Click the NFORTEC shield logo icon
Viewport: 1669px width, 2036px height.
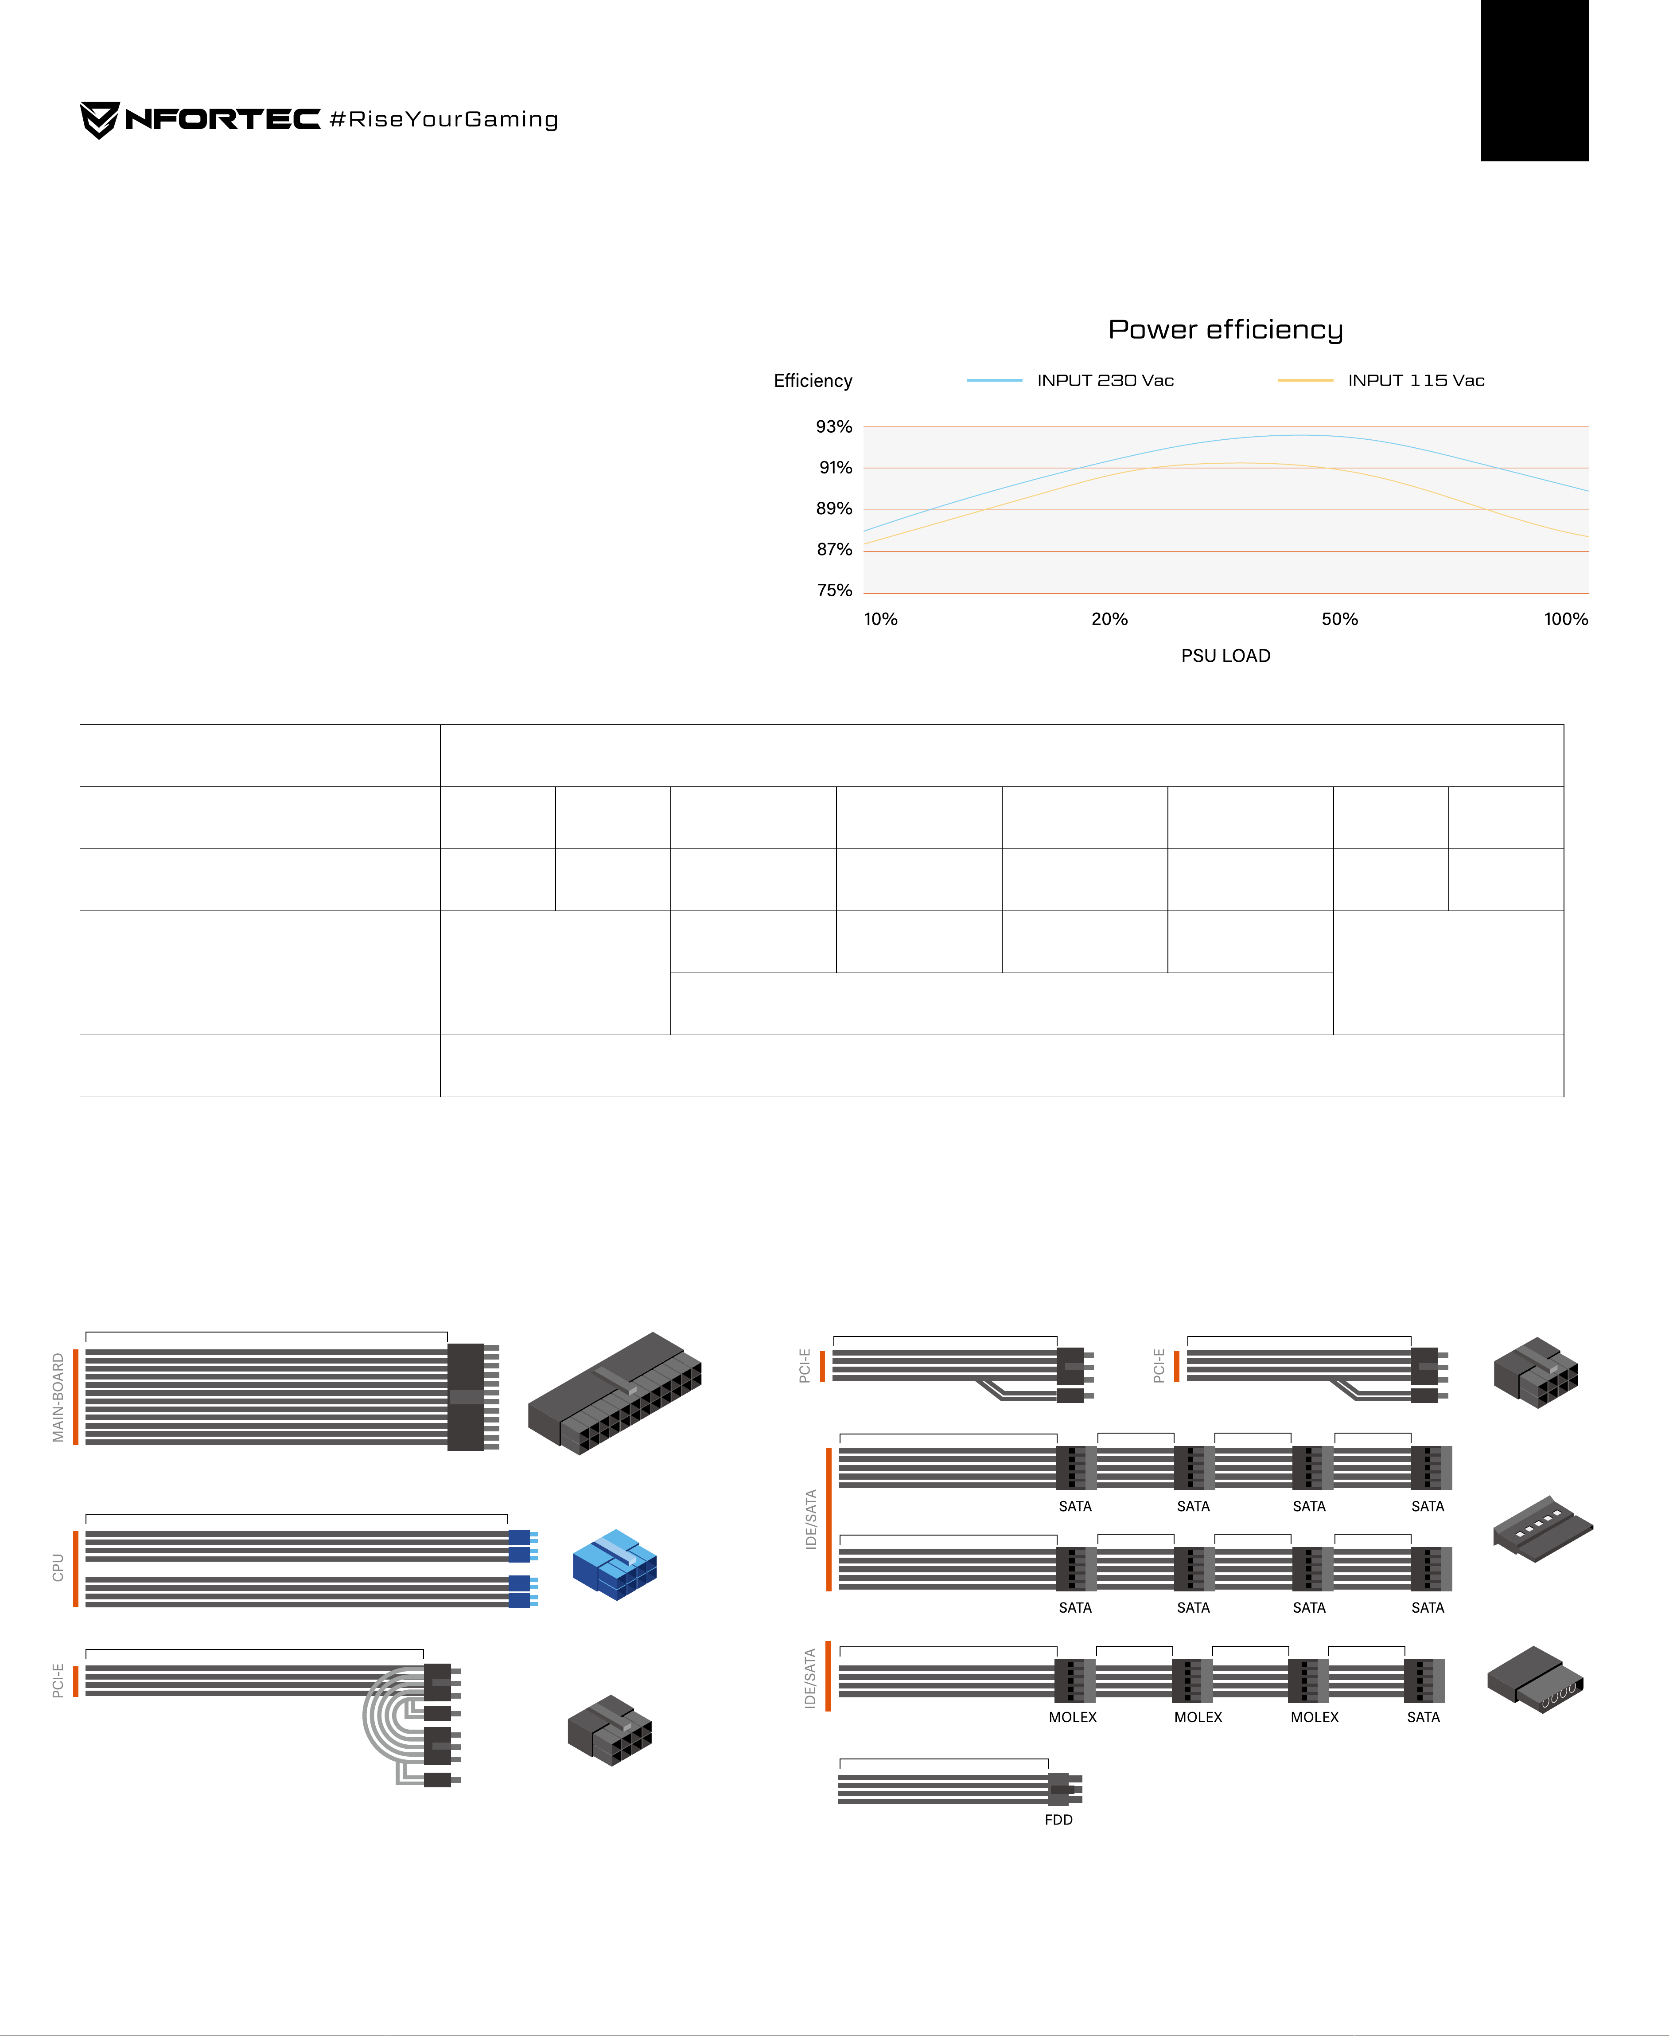click(x=100, y=120)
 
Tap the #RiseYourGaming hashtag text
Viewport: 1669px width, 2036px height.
click(x=443, y=119)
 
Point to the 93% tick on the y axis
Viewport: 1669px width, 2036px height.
click(x=833, y=427)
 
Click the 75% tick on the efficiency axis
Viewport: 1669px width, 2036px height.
click(x=833, y=590)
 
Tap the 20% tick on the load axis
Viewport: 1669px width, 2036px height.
click(x=1109, y=619)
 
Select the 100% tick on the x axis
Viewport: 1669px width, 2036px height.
click(x=1566, y=619)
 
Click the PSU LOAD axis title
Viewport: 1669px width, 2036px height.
click(x=1226, y=656)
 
